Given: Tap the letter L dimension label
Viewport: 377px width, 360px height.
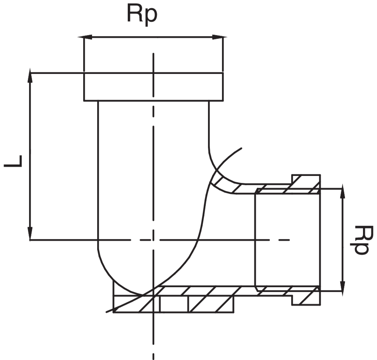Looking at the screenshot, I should (x=14, y=161).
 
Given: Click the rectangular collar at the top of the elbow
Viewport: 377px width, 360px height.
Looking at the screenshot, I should (x=153, y=87).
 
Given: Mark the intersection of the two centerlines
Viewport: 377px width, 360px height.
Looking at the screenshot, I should (x=153, y=240).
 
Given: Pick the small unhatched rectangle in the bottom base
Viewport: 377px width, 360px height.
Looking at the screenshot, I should (x=174, y=304).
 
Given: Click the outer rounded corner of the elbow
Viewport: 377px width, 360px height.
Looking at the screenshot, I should (x=110, y=276).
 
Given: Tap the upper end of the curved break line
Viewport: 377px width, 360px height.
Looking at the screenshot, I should (x=241, y=148).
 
